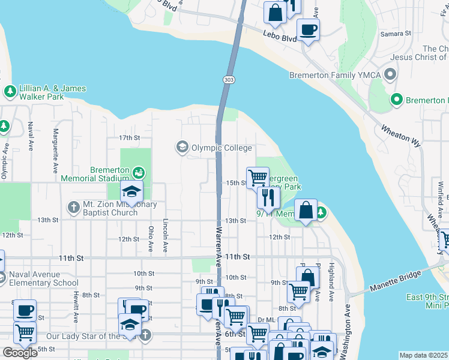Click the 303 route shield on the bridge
pyautogui.click(x=228, y=80)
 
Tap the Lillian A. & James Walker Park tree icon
pyautogui.click(x=10, y=92)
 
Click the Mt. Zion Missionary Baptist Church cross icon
pyautogui.click(x=73, y=208)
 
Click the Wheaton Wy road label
pyautogui.click(x=400, y=127)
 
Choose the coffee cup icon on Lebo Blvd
pyautogui.click(x=308, y=30)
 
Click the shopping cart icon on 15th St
pyautogui.click(x=258, y=178)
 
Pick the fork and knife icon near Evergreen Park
pyautogui.click(x=269, y=197)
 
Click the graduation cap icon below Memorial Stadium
pyautogui.click(x=130, y=192)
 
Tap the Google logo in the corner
pyautogui.click(x=20, y=352)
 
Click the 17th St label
pyautogui.click(x=129, y=137)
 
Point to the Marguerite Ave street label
pyautogui.click(x=55, y=148)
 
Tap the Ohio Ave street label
pyautogui.click(x=151, y=238)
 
